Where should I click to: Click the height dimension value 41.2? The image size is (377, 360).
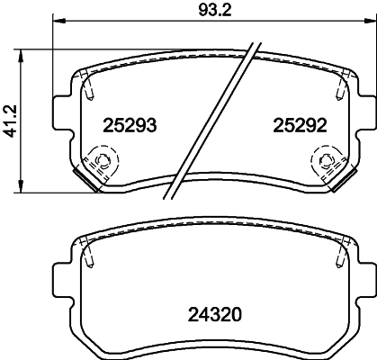click(x=10, y=119)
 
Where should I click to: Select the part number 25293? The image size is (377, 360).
click(x=123, y=126)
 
